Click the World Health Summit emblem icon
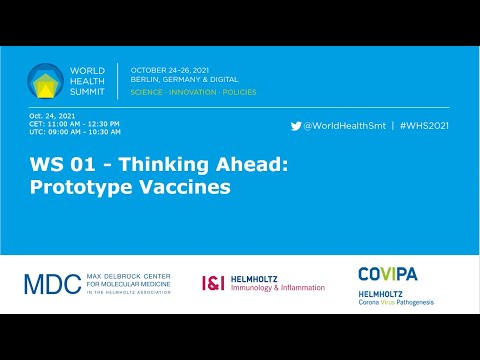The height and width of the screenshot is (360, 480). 45,81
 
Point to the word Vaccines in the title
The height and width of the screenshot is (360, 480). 190,186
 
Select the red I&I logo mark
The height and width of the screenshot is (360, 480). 212,284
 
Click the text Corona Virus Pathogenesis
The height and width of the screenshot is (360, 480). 396,301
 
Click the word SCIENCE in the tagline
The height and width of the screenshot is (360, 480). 148,92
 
